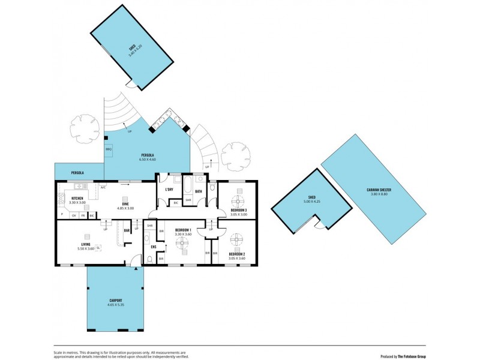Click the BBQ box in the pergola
coord(109,149)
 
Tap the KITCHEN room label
coord(77,198)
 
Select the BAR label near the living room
coord(127,230)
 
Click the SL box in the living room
coord(98,247)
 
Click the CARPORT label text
coord(115,301)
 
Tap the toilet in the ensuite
coord(148,259)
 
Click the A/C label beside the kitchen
coord(103,187)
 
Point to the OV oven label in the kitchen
coord(74,215)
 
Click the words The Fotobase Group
coord(412,356)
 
